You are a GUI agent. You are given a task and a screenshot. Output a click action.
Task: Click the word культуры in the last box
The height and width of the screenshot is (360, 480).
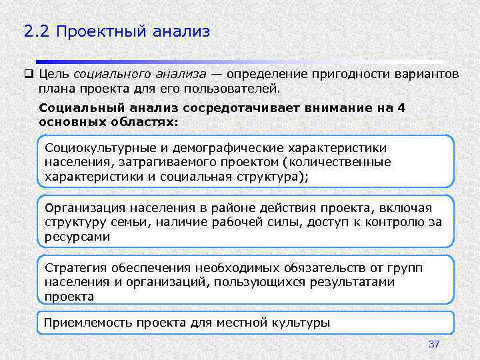point(301,323)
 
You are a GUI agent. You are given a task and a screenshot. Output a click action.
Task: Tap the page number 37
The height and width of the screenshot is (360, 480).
point(434,345)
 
